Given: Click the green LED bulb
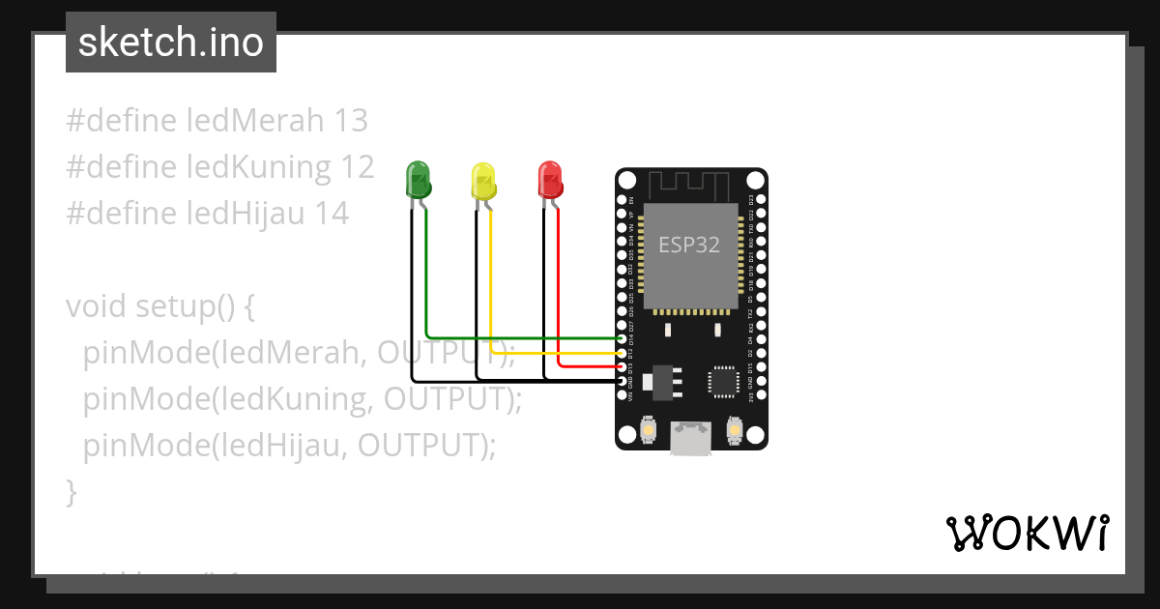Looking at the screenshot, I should [419, 178].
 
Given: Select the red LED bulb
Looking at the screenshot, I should [550, 178].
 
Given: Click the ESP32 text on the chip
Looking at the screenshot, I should [689, 245].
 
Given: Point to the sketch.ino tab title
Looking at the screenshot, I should [171, 43].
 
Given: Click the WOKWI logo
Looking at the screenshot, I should [1027, 533].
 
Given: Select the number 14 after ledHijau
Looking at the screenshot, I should [332, 214].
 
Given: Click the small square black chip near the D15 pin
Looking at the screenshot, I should [723, 380].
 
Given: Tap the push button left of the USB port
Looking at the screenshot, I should [648, 428].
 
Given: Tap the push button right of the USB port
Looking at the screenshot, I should [735, 428].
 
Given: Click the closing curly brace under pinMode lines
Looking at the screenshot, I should [71, 492].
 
